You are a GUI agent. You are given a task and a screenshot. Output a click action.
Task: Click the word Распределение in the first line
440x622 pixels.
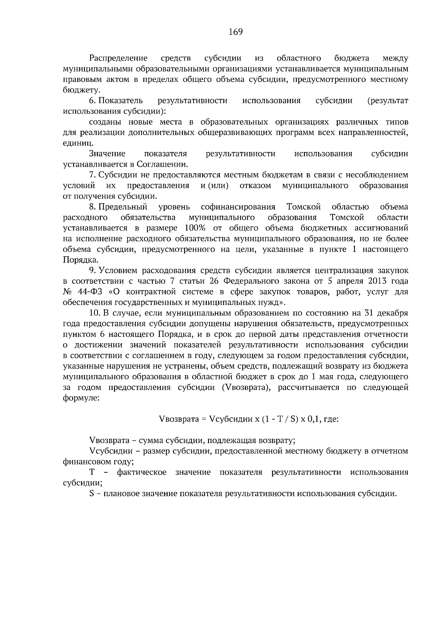coord(118,58)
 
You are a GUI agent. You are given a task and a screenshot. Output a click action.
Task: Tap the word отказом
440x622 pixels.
coord(255,185)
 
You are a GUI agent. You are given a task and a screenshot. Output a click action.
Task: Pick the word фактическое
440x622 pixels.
coord(142,473)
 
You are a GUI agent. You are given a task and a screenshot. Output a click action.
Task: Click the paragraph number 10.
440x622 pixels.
coord(95,313)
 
